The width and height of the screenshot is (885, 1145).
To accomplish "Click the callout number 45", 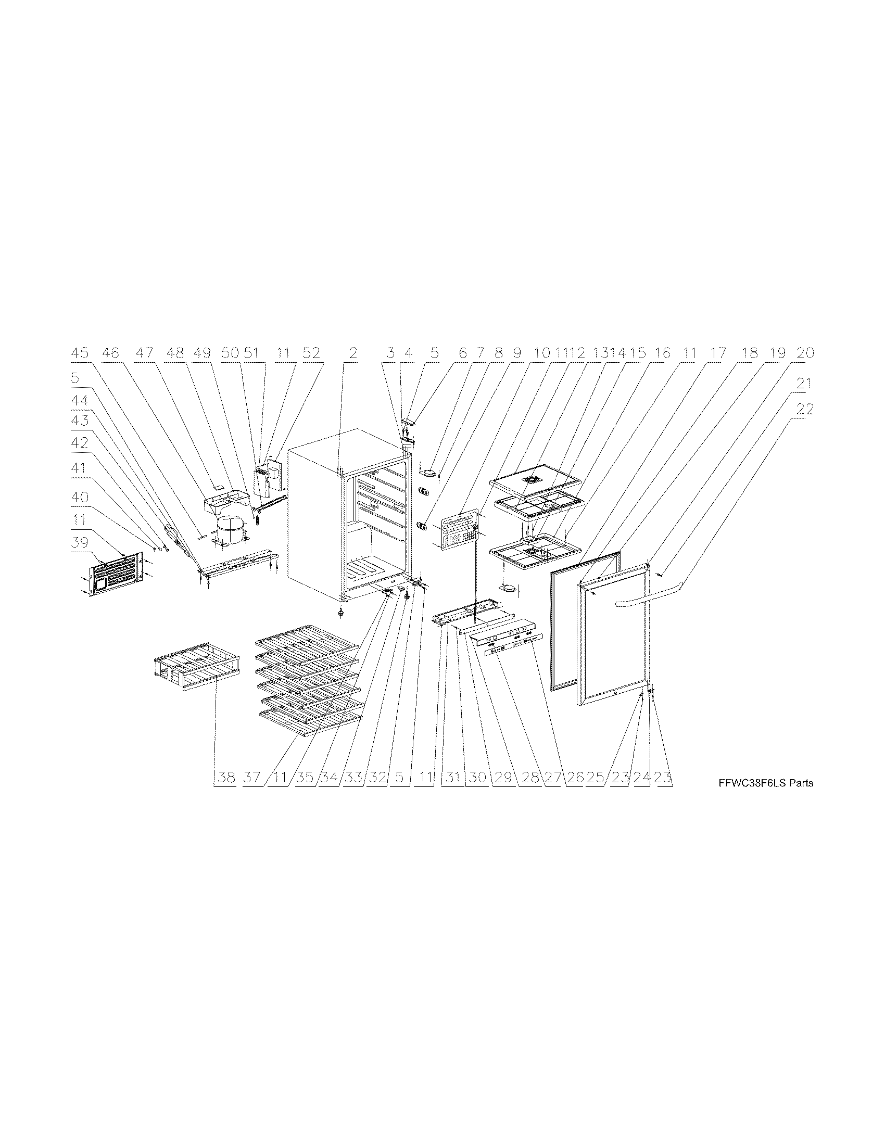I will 80,353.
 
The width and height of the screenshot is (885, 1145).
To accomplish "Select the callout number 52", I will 311,353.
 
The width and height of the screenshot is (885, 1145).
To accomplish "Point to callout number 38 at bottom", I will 226,777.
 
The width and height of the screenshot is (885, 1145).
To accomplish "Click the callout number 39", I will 80,543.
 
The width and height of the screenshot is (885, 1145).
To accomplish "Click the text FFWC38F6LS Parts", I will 766,783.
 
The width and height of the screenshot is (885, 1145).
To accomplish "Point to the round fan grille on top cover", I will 537,480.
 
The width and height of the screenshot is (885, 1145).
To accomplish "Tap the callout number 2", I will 353,353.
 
